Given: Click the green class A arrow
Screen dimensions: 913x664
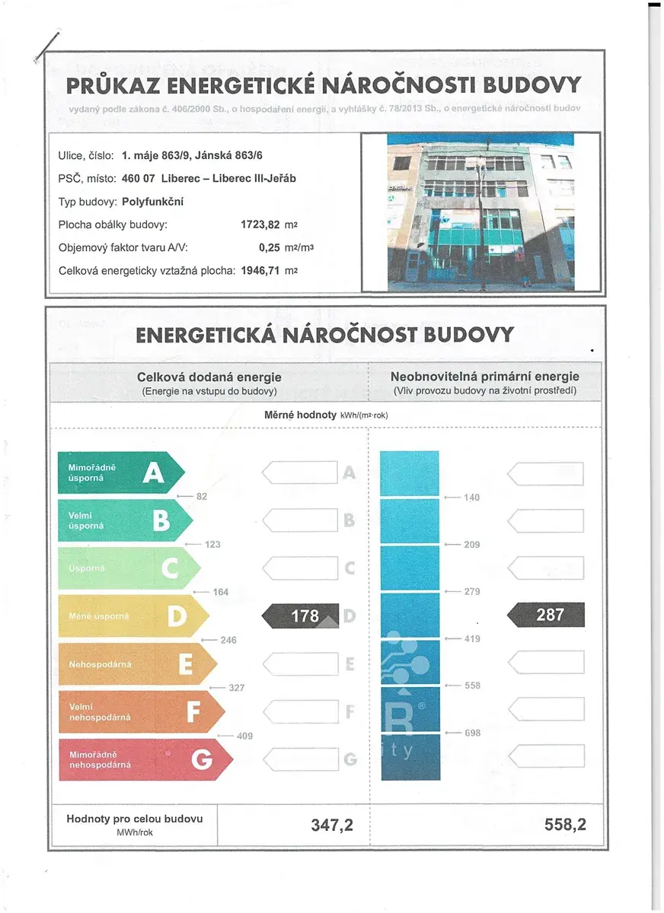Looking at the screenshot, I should (x=120, y=473).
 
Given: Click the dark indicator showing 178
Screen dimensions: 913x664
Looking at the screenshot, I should (x=301, y=616).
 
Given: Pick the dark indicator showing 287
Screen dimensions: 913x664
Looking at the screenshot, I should (x=546, y=615).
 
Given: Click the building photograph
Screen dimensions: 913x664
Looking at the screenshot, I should (x=480, y=212).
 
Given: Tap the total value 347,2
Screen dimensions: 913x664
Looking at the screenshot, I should (x=332, y=825).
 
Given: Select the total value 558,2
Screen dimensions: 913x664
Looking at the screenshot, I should (x=565, y=825).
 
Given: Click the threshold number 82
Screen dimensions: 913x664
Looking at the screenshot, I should (x=202, y=497).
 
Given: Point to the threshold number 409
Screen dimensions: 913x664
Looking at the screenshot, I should (x=244, y=736).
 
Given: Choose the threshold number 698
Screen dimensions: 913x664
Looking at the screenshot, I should (x=472, y=733).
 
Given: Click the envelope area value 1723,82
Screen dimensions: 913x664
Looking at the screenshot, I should (x=260, y=225).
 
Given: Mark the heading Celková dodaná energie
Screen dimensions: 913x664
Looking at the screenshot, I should (x=209, y=377).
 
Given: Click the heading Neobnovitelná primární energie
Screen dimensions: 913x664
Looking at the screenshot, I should (x=484, y=377).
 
